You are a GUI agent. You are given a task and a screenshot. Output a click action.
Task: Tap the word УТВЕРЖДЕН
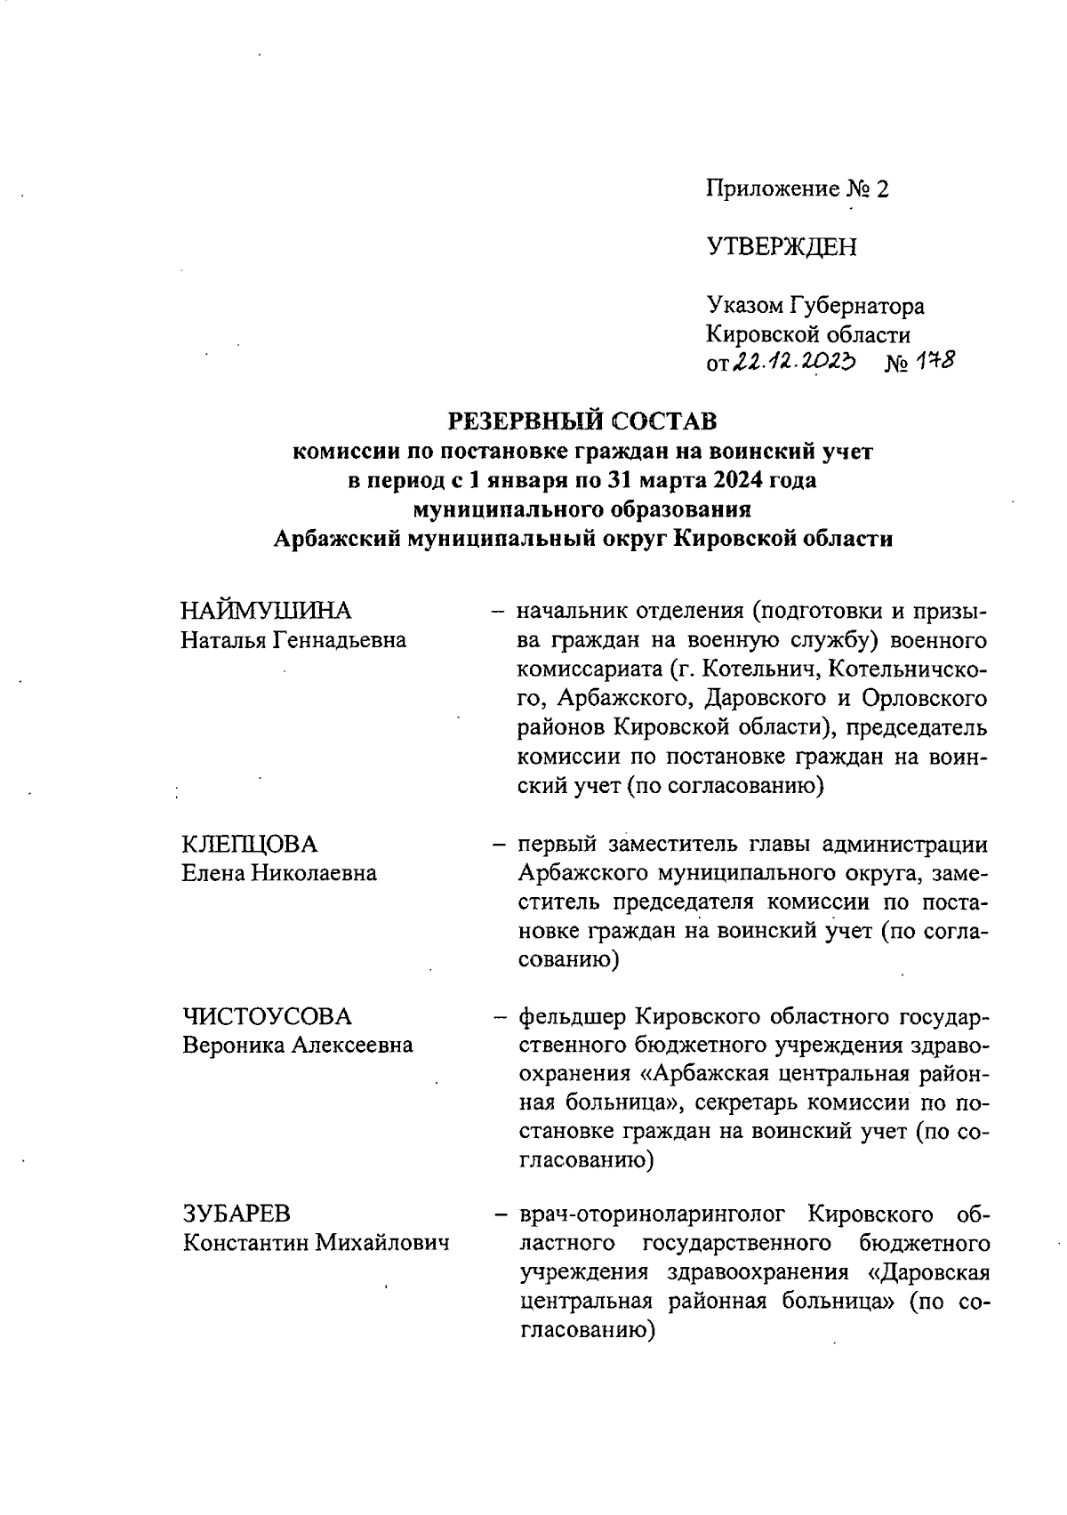coord(782,246)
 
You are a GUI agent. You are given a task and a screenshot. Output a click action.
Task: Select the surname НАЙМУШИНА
coord(266,611)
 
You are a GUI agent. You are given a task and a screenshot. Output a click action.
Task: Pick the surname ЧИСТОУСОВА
coord(267,1016)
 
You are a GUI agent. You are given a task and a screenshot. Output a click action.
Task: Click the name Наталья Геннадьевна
coord(293,640)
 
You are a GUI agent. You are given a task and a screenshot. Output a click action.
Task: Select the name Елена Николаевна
coord(279,873)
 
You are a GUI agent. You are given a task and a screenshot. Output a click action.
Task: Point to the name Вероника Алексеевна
coord(298,1046)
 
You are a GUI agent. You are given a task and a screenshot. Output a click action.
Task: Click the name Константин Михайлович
coord(316,1243)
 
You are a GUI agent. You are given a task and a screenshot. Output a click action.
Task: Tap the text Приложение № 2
coord(797,188)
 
